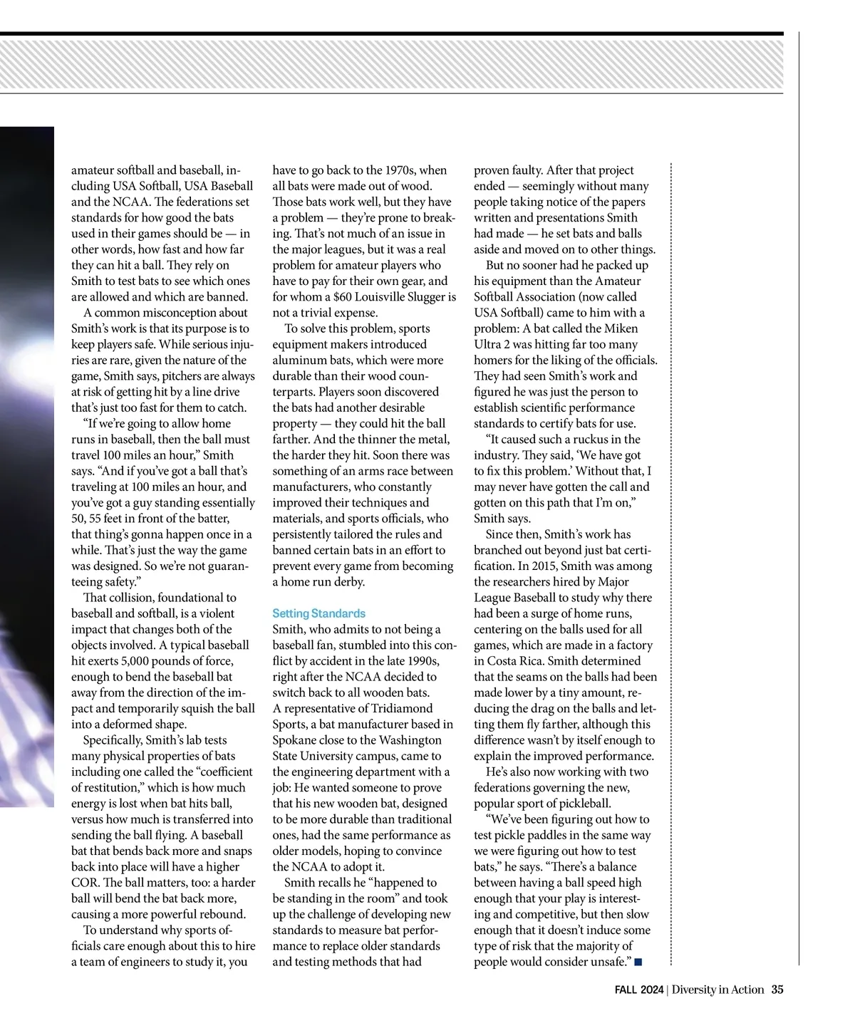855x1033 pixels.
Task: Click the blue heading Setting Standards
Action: coord(318,613)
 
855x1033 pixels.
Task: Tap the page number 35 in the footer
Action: coord(777,990)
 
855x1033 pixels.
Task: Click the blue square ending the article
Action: coord(638,962)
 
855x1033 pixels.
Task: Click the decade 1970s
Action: coord(400,170)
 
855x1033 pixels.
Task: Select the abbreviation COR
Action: coord(84,883)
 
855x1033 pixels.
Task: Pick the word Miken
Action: coord(621,328)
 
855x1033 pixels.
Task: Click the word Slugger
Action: coord(424,297)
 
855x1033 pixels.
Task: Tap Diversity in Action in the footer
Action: coord(717,990)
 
